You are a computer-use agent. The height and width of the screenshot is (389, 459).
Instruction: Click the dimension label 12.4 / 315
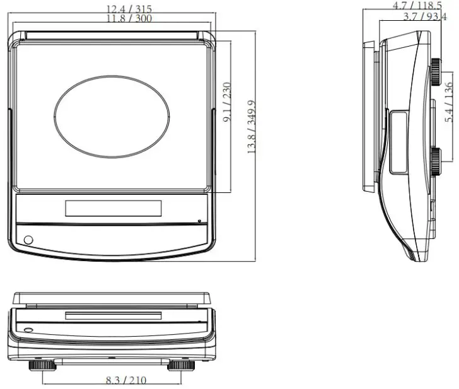[129, 8]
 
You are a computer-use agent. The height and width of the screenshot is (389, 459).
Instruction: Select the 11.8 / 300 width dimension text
[129, 18]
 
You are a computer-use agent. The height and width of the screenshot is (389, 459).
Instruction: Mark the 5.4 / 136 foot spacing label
[448, 102]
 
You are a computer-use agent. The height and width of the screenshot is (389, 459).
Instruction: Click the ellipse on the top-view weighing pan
[112, 117]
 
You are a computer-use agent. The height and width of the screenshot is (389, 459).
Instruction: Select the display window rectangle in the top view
[113, 207]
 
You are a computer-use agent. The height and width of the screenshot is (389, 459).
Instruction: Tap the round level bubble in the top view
[28, 240]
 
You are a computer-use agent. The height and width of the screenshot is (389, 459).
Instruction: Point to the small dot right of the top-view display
[199, 221]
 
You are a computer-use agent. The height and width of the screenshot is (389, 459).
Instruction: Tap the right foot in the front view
[182, 364]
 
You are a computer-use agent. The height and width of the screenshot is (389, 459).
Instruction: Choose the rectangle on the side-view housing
[398, 142]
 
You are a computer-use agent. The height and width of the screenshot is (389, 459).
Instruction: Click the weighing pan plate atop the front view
[112, 297]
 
